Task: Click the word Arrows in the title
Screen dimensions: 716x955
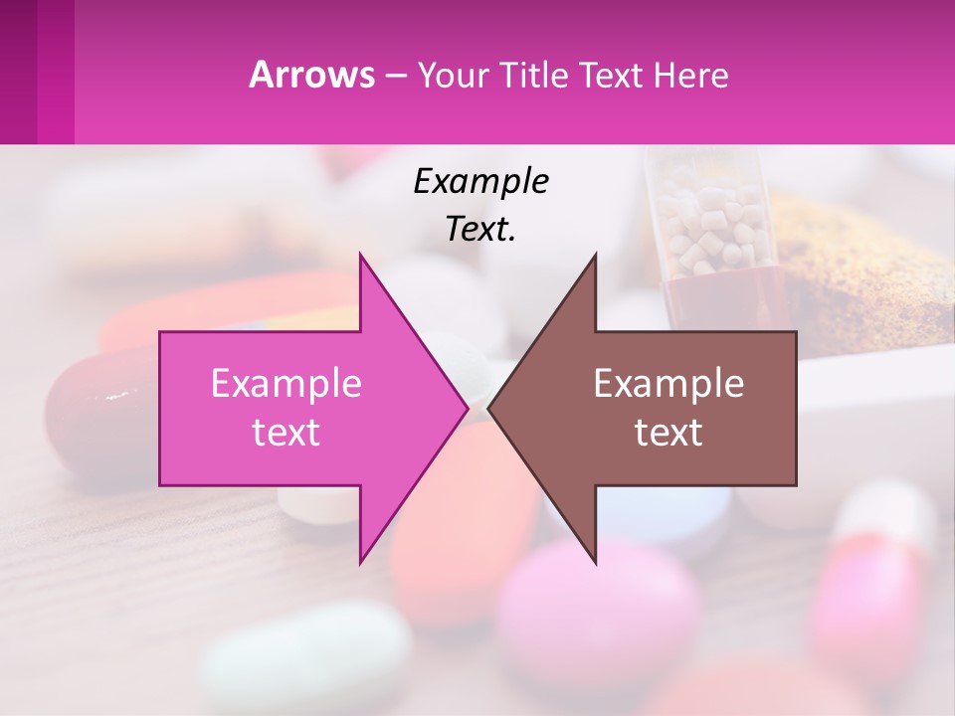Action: pos(310,75)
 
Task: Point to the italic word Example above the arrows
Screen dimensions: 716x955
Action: pos(480,181)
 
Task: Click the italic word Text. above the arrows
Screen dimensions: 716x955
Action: pos(480,229)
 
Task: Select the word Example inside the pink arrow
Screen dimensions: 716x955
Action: pos(286,383)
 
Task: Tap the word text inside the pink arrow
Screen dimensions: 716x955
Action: pos(286,432)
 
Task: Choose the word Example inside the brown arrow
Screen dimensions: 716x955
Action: pos(668,383)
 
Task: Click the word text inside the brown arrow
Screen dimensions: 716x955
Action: pos(668,432)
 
